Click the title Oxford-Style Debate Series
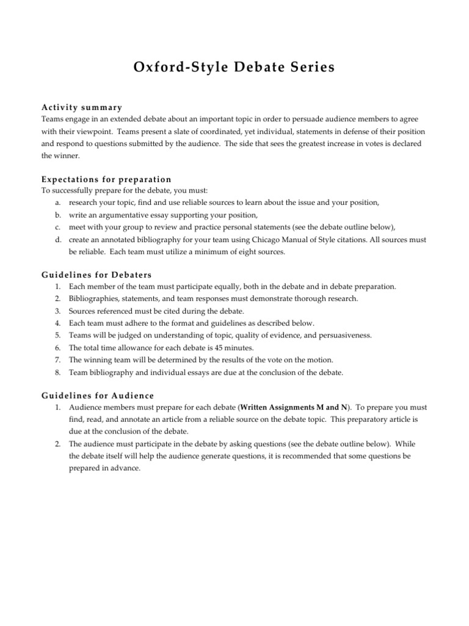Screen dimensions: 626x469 pos(234,67)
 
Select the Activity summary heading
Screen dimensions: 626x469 pos(82,107)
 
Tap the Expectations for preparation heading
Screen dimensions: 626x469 pos(106,179)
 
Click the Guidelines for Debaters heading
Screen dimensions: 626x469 pos(96,274)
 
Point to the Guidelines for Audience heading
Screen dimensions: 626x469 pos(98,395)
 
